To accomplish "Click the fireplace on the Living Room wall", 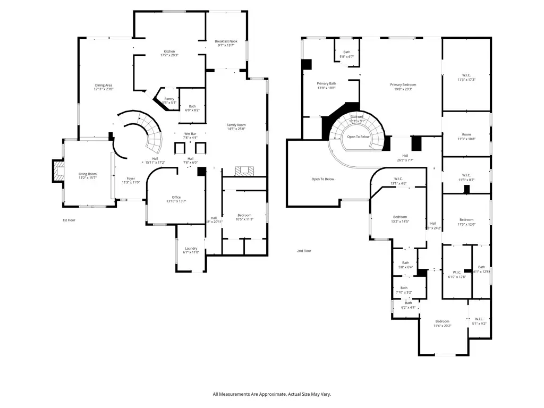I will click(x=57, y=171).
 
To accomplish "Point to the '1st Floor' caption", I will click(x=69, y=220).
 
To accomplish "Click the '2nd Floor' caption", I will click(x=304, y=251).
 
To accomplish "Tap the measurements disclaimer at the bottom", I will click(x=272, y=394).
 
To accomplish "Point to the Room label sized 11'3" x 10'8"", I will click(x=466, y=137).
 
